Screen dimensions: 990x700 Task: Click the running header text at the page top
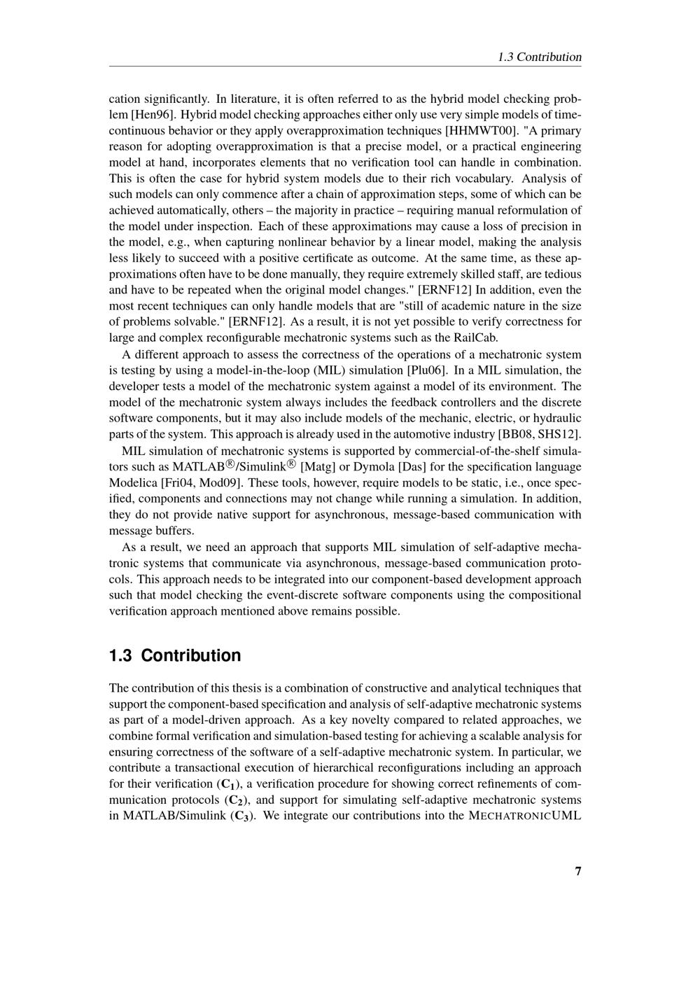[539, 57]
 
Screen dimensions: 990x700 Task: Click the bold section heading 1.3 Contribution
[175, 655]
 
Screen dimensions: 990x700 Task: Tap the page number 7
[578, 871]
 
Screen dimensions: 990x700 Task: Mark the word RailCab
[475, 338]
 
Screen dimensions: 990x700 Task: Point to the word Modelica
[133, 482]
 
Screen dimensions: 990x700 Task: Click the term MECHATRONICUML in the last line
[525, 816]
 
